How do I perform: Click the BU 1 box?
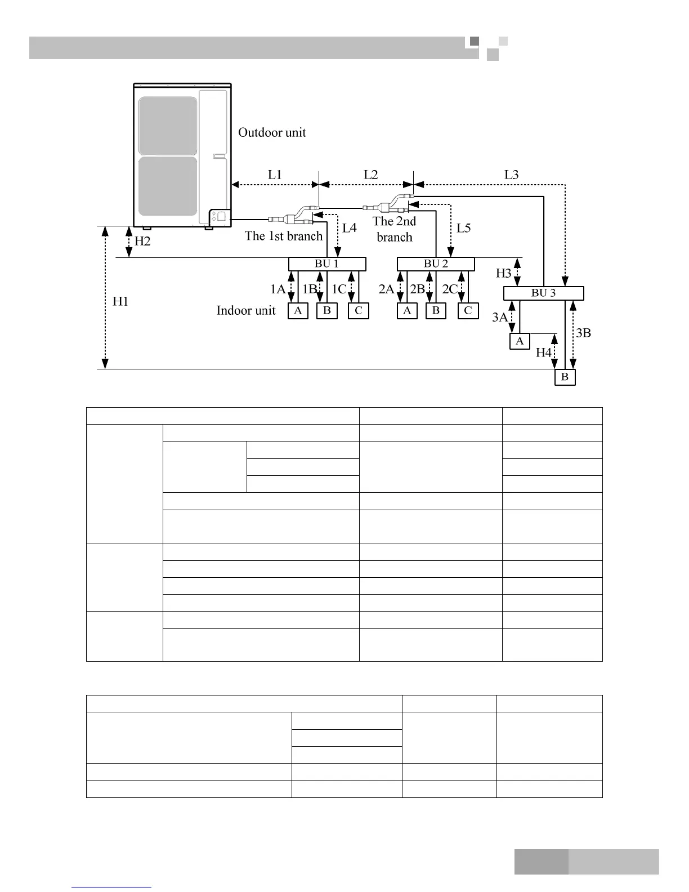327,264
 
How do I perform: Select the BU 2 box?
436,264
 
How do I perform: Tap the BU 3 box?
543,293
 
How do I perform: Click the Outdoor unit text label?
272,132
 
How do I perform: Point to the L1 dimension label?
275,175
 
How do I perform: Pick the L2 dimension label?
370,175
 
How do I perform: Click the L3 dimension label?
511,175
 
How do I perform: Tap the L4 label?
350,228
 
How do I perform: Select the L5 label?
464,228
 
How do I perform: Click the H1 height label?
120,301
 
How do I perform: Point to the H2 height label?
142,241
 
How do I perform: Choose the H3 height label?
503,273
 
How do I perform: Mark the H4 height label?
543,353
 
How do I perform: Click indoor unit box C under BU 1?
359,311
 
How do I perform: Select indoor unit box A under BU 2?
407,311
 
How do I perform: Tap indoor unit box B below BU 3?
565,377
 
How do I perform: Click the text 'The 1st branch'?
284,236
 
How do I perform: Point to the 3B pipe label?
584,333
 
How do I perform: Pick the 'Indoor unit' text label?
246,310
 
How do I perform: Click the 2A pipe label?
386,289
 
